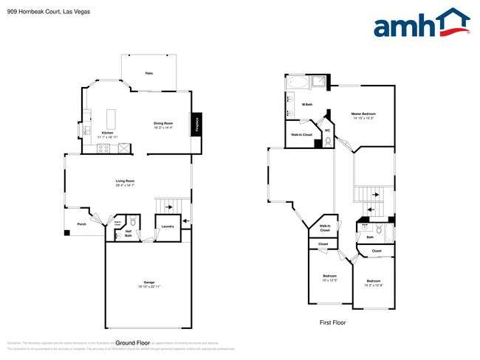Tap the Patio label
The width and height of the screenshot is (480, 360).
pos(148,74)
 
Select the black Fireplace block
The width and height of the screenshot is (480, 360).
pos(197,125)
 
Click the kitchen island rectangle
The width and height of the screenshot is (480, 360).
pos(113,118)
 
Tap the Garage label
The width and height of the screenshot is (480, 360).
pos(148,284)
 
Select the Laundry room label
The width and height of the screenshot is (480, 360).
pos(167,226)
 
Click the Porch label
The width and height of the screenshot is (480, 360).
pos(82,224)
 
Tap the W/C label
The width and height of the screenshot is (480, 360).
pos(327,131)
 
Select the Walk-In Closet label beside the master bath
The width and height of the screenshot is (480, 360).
pos(301,135)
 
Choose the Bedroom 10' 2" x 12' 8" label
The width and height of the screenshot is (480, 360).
pos(374,282)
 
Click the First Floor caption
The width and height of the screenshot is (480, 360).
pos(332,322)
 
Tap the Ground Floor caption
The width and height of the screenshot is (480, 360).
pos(133,343)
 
